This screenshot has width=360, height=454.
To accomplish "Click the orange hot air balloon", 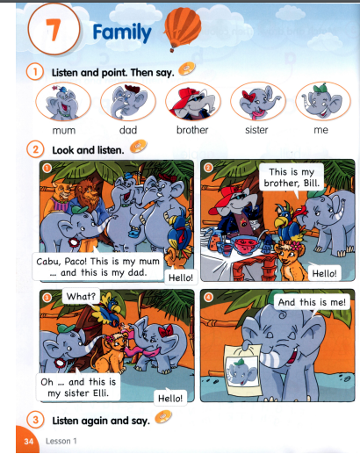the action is [x=183, y=29].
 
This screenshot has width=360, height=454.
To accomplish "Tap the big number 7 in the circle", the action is [x=54, y=30].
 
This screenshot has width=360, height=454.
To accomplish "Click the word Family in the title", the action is [x=122, y=32].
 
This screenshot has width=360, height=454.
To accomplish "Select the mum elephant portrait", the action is [x=63, y=102].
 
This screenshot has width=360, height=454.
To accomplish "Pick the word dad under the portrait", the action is [x=128, y=130].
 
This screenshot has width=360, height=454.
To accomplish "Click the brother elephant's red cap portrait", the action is [x=192, y=102].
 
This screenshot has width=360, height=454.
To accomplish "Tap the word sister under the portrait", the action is [x=256, y=130].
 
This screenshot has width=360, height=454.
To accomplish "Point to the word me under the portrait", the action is [x=320, y=130].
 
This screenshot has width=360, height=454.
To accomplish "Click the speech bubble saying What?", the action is [x=81, y=296].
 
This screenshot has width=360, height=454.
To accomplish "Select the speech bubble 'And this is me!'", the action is [x=312, y=302].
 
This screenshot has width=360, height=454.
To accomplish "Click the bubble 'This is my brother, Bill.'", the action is [x=292, y=177].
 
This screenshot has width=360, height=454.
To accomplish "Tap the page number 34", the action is [x=29, y=441].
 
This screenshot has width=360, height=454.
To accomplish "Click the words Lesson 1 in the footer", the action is [x=61, y=441].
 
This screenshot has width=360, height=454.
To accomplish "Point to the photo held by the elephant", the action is [x=242, y=370].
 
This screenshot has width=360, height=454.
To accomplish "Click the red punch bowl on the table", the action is [x=246, y=244].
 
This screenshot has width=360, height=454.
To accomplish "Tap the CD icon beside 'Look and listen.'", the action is [x=138, y=147].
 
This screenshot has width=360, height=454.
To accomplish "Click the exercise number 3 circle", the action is [x=35, y=420].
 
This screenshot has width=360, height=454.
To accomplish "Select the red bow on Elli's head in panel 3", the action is [x=166, y=331].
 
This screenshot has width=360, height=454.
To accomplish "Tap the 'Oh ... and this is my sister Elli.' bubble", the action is [x=78, y=387].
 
